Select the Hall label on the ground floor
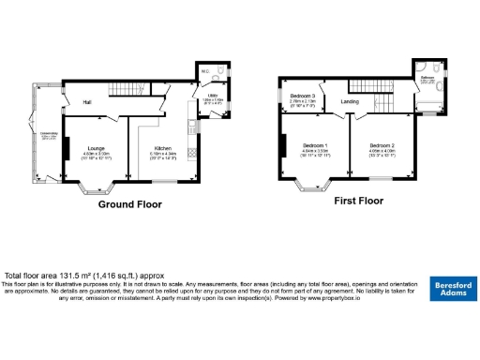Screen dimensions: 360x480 (x=86, y=101)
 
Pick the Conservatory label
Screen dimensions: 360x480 (x=49, y=136)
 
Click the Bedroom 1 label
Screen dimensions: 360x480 (x=314, y=145)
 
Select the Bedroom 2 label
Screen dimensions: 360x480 (x=381, y=145)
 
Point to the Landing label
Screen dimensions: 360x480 (x=350, y=101)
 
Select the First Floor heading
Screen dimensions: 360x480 (x=359, y=201)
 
